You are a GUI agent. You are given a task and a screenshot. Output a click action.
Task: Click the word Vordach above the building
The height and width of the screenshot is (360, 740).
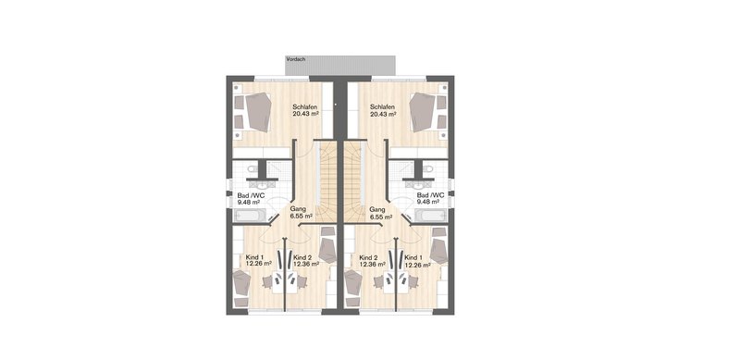click(296, 59)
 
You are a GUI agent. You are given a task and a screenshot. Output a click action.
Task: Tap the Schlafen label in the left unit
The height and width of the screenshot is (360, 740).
click(304, 106)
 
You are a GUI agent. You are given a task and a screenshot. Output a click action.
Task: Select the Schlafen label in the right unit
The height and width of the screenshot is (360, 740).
click(382, 106)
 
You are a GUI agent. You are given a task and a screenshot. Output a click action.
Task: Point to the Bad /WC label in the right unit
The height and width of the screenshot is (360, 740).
click(430, 195)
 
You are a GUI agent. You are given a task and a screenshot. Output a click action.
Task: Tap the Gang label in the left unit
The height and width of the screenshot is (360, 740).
click(299, 209)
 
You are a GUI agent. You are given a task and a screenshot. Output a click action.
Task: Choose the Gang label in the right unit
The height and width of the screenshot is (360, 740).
click(377, 209)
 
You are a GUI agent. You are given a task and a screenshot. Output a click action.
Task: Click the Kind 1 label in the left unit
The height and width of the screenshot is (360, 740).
click(254, 257)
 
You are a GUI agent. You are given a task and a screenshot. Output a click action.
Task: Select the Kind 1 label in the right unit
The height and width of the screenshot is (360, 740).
click(413, 257)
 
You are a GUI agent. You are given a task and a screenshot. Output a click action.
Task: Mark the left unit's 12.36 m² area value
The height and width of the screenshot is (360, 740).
click(306, 264)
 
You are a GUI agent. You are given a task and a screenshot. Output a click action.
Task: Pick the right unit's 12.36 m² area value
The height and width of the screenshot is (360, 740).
click(373, 264)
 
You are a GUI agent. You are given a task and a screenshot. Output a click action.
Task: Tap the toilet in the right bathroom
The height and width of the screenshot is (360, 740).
click(428, 168)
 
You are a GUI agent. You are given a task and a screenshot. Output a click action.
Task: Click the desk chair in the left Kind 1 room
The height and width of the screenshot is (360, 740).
click(267, 282)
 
